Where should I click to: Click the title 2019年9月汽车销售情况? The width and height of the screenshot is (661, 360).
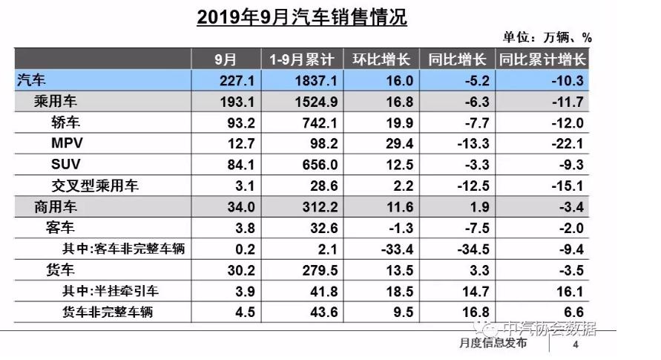pyautogui.click(x=302, y=16)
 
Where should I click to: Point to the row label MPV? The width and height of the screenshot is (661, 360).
pyautogui.click(x=66, y=143)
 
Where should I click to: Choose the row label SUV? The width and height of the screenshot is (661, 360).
pyautogui.click(x=66, y=164)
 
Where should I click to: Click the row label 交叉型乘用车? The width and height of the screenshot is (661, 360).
pyautogui.click(x=96, y=185)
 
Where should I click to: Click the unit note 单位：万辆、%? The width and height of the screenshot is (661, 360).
pyautogui.click(x=547, y=38)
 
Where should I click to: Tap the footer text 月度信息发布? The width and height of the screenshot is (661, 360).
pyautogui.click(x=493, y=344)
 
